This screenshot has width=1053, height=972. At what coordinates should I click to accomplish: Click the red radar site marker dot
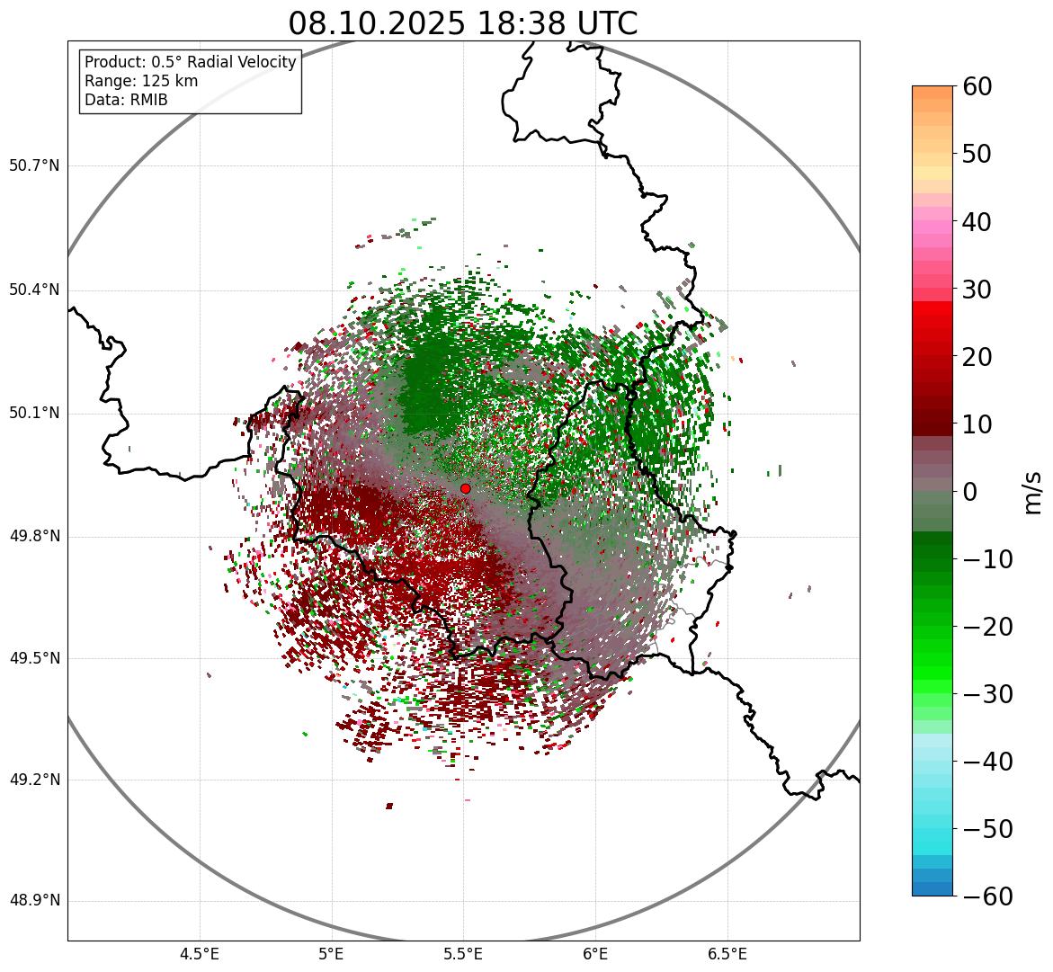[x=466, y=488]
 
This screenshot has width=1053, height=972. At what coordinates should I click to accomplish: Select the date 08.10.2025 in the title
[x=377, y=23]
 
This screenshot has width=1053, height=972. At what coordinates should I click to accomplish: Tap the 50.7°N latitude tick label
[x=34, y=166]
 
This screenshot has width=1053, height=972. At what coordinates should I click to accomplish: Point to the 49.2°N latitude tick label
[x=34, y=780]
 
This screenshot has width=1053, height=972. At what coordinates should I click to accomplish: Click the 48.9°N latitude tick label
[x=34, y=901]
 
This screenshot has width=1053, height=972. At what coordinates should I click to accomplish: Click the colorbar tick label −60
[x=987, y=896]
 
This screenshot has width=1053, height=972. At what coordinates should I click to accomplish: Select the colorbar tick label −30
[x=987, y=694]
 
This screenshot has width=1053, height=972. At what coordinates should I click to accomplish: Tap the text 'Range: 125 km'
[x=141, y=81]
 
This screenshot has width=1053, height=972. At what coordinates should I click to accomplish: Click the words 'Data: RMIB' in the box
[x=126, y=100]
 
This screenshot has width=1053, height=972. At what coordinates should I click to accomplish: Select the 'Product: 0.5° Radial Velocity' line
[x=190, y=62]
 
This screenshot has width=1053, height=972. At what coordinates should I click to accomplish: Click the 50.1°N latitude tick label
[x=34, y=414]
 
